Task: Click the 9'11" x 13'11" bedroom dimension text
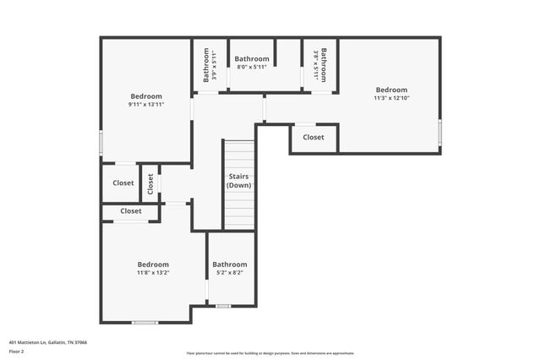[146, 104]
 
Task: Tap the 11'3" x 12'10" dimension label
[391, 98]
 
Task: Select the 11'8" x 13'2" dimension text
[153, 272]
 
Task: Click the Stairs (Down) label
[239, 181]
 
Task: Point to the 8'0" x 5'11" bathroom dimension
[252, 67]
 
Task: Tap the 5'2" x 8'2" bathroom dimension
[230, 272]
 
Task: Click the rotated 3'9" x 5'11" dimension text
[215, 64]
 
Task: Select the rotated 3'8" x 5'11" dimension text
[315, 64]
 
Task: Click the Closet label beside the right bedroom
[314, 137]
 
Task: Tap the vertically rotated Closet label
[150, 183]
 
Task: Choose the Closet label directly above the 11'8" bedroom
[131, 210]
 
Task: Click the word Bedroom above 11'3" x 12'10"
[391, 90]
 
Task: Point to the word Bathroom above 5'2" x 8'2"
[230, 264]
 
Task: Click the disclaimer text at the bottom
[270, 353]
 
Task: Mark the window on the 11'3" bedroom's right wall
[440, 132]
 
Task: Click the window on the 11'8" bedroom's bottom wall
[145, 322]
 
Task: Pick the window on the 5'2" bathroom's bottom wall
[222, 306]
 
